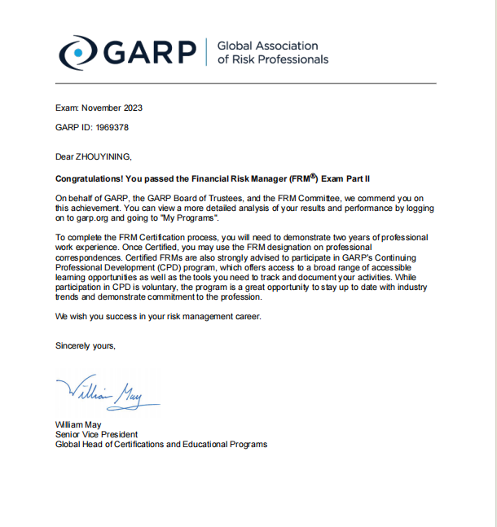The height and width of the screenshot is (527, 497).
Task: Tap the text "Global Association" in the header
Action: click(267, 46)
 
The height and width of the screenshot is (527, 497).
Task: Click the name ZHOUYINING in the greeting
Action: click(103, 156)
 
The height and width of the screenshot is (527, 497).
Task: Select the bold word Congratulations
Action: click(89, 178)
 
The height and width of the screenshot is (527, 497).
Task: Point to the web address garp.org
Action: click(86, 217)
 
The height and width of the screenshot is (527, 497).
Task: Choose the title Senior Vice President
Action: click(96, 435)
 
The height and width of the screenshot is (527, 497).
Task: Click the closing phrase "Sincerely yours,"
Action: click(86, 345)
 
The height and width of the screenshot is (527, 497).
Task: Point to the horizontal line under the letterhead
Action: click(244, 83)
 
